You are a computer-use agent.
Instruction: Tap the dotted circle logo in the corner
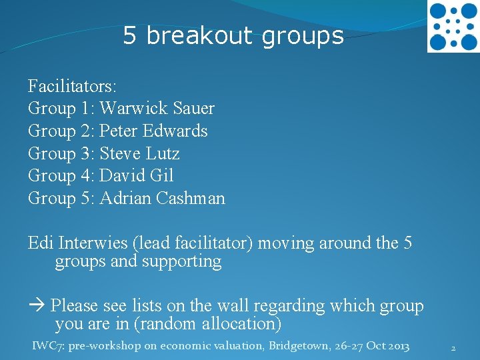click(x=453, y=27)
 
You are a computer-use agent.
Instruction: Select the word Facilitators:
click(x=73, y=86)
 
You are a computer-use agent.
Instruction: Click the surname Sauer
click(x=194, y=108)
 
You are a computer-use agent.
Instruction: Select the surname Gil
click(x=163, y=176)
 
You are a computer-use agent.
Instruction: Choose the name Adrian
click(x=124, y=199)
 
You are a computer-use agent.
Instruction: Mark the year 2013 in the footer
click(x=397, y=346)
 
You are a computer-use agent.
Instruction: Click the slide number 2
click(x=453, y=348)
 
